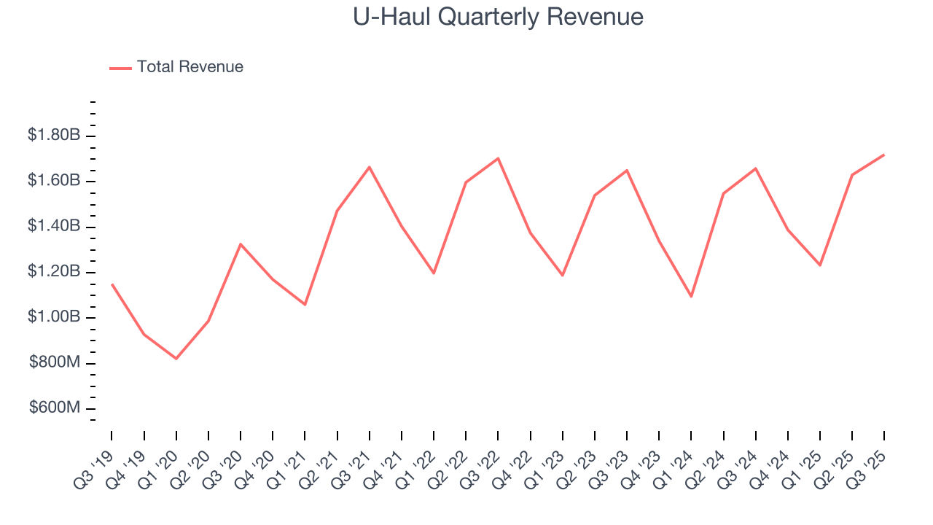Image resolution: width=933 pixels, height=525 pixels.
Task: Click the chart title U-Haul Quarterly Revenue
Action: [498, 17]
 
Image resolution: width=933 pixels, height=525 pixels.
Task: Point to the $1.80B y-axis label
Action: [54, 135]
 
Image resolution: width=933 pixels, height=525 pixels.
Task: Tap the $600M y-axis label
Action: [55, 408]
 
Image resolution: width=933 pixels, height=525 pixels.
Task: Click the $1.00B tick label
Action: [54, 317]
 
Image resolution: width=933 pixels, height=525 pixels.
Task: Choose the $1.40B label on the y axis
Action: [54, 226]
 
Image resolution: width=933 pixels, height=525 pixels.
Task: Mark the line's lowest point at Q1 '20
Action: [176, 358]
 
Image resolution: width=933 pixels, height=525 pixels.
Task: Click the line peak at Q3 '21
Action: [370, 167]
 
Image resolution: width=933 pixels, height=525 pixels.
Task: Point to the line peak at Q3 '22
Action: [498, 158]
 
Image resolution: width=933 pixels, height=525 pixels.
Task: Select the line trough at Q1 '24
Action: [691, 296]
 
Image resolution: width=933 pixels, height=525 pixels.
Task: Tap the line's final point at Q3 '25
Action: [884, 155]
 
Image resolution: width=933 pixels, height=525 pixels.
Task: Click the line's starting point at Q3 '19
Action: [112, 284]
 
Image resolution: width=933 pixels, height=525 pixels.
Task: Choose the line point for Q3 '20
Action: [241, 244]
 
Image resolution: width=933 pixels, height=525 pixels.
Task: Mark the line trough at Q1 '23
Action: [563, 275]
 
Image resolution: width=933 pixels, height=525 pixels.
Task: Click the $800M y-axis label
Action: [55, 362]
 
